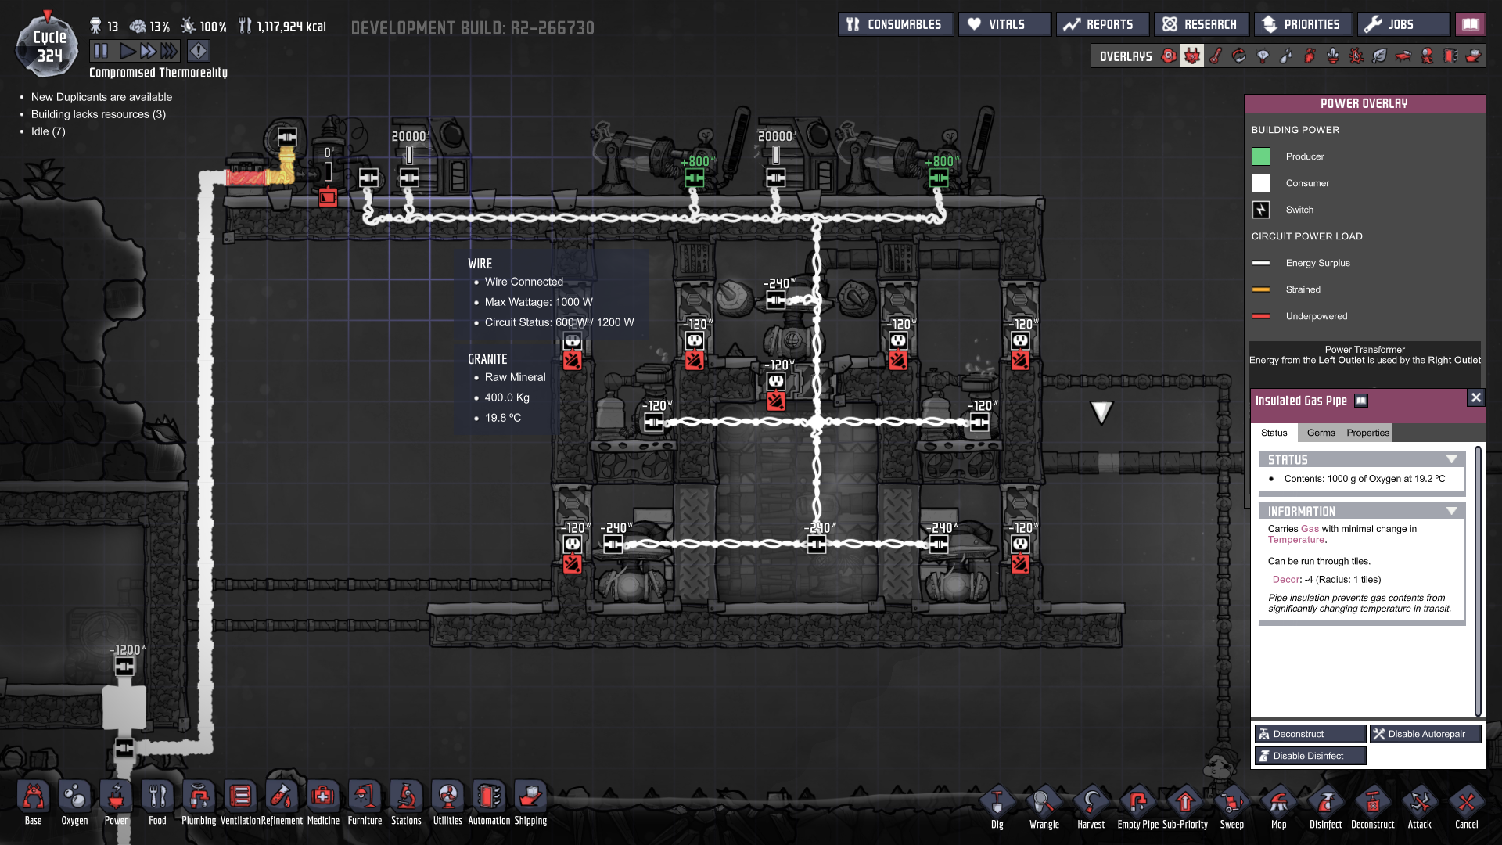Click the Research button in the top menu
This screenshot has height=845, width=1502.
point(1201,24)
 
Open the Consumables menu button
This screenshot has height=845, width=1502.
point(895,24)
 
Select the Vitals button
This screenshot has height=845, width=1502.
point(1004,24)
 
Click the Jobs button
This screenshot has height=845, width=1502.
point(1402,24)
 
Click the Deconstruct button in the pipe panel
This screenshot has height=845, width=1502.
point(1310,734)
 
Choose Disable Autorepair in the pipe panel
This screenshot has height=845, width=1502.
point(1425,734)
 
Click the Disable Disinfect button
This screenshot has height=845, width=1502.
point(1310,756)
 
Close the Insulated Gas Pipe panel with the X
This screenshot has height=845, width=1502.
point(1475,397)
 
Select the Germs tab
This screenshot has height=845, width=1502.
point(1321,433)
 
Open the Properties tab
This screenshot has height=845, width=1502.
point(1367,433)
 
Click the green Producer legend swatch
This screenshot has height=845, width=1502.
point(1261,156)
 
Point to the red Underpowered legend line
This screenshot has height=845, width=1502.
point(1261,316)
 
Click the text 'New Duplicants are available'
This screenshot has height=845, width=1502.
point(102,97)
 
